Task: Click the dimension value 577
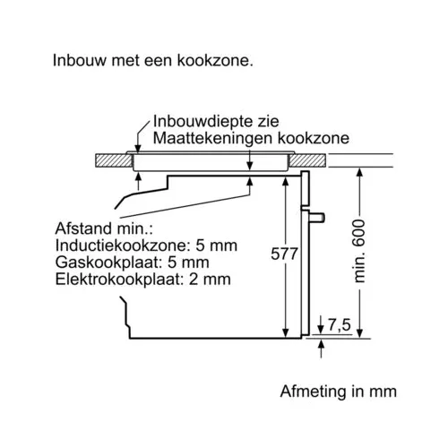(284, 254)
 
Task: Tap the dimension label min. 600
(359, 251)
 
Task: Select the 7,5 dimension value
(340, 324)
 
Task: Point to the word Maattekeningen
(212, 138)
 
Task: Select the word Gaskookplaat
(108, 263)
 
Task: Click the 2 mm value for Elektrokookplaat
(210, 280)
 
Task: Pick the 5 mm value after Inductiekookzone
(217, 246)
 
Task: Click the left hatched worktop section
(114, 160)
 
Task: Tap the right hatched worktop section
(307, 160)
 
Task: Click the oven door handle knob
(316, 218)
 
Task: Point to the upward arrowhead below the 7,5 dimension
(321, 344)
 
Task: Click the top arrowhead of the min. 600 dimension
(360, 173)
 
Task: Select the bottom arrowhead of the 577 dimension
(286, 333)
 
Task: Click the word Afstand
(83, 228)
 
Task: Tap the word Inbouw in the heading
(80, 60)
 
